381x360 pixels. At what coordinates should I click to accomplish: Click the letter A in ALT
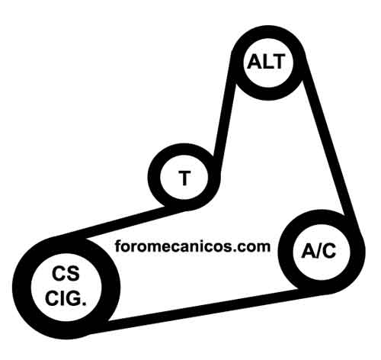coord(254,62)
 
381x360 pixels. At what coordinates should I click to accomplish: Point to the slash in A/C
coord(318,251)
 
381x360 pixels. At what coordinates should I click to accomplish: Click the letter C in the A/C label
coord(328,251)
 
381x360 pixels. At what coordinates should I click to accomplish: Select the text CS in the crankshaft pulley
coord(66,274)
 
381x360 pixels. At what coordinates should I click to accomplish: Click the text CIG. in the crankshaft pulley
coord(66,298)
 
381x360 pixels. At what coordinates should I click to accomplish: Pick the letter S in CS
coord(73,274)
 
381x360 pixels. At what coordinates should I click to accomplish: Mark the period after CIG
coord(84,304)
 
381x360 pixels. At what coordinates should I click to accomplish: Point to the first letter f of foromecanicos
coord(118,246)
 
